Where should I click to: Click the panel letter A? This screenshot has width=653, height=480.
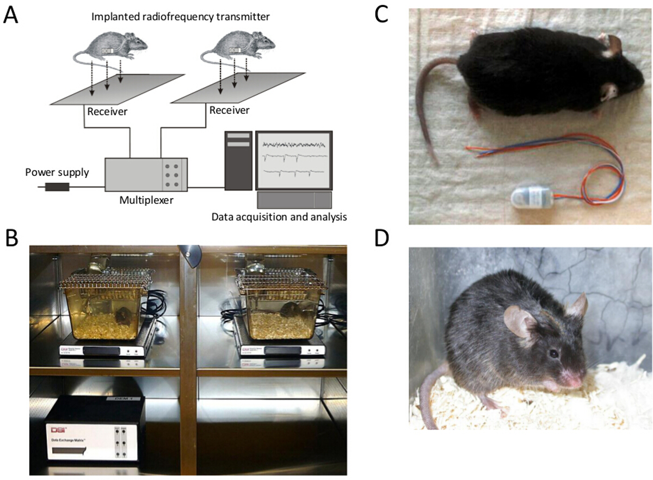(x=10, y=15)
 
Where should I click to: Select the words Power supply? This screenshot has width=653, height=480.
(x=57, y=173)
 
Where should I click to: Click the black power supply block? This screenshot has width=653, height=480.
(x=57, y=187)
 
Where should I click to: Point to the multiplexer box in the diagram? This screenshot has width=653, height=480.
(x=146, y=174)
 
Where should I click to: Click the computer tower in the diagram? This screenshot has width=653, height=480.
(x=237, y=161)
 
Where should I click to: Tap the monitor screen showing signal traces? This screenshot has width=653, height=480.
(x=294, y=159)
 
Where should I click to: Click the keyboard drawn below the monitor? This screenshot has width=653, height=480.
(x=294, y=200)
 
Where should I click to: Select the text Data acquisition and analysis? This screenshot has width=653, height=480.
(x=279, y=217)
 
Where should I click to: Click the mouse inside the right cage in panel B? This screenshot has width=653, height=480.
(x=291, y=311)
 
